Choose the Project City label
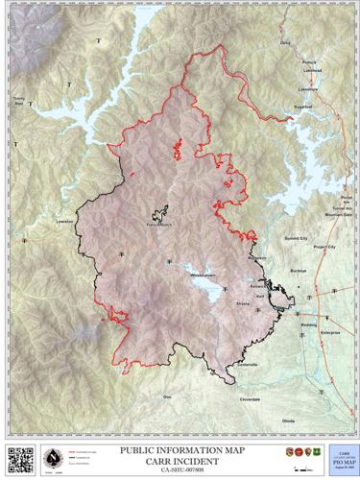[x=325, y=246]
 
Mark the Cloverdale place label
[x=250, y=398]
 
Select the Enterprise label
[x=330, y=331]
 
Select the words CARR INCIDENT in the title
[x=180, y=458]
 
